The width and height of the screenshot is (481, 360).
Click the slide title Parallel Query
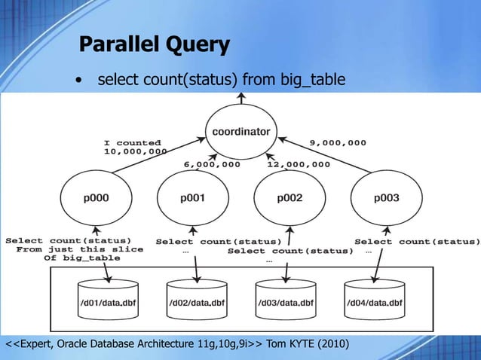click(154, 45)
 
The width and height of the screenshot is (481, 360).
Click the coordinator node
click(241, 131)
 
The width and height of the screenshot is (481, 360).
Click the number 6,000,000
click(213, 164)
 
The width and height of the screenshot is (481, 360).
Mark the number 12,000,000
click(298, 164)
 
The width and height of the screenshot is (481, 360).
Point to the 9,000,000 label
click(338, 142)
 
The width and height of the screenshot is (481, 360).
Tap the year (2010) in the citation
click(333, 344)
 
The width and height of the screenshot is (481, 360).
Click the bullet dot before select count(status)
click(78, 80)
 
